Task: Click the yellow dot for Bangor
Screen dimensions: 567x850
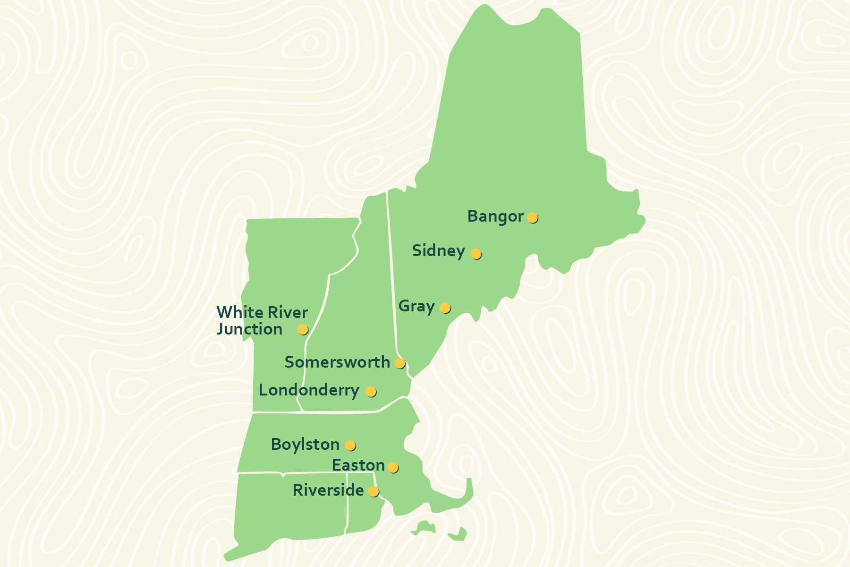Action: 532,217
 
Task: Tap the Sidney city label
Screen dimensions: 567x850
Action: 438,251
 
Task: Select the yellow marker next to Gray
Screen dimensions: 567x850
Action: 445,308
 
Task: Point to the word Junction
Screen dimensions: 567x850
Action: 249,329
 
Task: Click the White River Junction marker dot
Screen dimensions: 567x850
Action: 302,329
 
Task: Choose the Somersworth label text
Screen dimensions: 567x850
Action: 337,362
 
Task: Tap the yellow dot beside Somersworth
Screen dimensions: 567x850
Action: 399,363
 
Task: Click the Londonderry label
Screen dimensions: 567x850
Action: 309,390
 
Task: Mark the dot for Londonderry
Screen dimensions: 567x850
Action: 371,391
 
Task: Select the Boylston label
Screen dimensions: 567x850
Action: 305,445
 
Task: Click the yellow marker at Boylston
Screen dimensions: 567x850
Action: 350,445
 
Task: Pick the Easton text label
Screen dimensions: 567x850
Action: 358,465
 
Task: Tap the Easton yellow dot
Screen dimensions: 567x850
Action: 392,467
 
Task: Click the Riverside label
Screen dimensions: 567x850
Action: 328,490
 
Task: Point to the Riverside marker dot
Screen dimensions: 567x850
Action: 373,491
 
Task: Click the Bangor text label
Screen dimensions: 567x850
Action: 495,216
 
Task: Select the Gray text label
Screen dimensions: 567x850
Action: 416,306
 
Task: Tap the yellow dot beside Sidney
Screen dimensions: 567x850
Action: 476,254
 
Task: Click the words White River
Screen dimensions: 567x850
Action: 262,313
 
